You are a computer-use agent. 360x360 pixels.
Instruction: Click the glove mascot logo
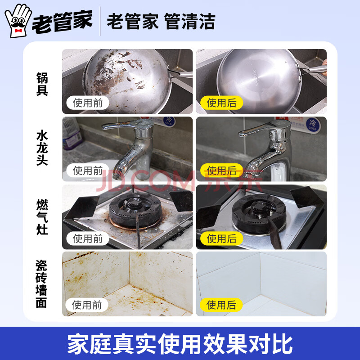point(18,21)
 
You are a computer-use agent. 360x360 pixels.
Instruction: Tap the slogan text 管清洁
point(189,21)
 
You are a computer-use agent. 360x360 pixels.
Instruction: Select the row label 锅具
point(42,84)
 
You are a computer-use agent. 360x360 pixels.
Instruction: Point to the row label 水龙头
point(42,148)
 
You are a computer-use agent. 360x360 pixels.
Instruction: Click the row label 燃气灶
point(42,217)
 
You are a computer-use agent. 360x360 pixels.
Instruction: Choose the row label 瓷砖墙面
point(41,284)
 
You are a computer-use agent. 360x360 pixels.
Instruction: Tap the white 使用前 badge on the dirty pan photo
point(88,103)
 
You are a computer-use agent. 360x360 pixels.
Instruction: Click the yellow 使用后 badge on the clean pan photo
point(221,103)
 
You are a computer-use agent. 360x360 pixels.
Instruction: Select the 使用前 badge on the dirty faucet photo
point(88,171)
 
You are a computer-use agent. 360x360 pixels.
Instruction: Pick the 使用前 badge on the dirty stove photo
point(88,238)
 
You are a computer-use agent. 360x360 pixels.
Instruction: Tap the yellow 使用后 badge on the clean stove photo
point(221,238)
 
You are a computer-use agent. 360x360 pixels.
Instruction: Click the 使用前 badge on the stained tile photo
point(87,305)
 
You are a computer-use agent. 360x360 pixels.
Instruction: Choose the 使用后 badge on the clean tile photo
point(221,305)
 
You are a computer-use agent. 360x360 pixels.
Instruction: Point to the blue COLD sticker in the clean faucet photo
point(313,125)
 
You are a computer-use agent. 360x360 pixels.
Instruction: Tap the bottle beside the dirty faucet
point(72,133)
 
